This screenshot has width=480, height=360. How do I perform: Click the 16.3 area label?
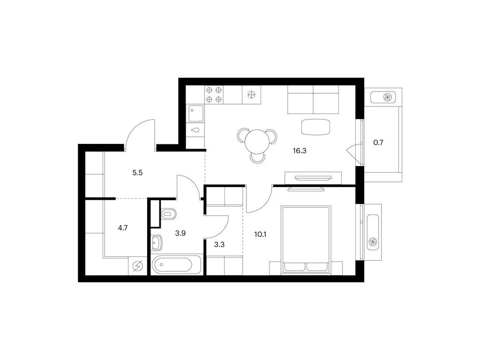pyautogui.click(x=298, y=151)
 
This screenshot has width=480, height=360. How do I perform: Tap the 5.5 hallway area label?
pyautogui.click(x=137, y=172)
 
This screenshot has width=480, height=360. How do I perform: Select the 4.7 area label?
pyautogui.click(x=123, y=228)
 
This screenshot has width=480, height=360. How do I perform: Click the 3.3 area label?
pyautogui.click(x=219, y=244)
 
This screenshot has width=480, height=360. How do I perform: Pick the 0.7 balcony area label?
pyautogui.click(x=378, y=142)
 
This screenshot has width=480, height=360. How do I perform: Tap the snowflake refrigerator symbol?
pyautogui.click(x=252, y=95)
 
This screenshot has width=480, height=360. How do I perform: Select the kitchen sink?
pyautogui.click(x=195, y=113)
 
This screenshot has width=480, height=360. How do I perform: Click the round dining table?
pyautogui.click(x=257, y=140)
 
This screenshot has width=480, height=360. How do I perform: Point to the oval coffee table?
pyautogui.click(x=315, y=127)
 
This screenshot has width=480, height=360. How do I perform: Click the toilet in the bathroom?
pyautogui.click(x=167, y=215)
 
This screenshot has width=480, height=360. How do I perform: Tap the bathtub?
pyautogui.click(x=177, y=265)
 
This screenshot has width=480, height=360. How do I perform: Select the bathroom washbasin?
pyautogui.click(x=157, y=243)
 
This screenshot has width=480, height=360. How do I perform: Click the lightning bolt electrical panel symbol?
pyautogui.click(x=137, y=266)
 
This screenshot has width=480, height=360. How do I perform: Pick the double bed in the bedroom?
pyautogui.click(x=306, y=239)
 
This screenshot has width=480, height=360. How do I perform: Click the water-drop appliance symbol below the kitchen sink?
pyautogui.click(x=195, y=130)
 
